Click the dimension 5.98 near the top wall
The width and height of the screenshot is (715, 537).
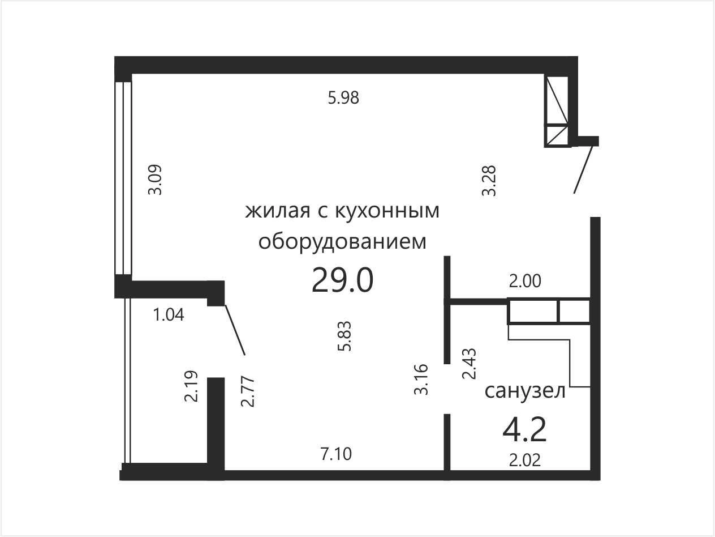pos(343,98)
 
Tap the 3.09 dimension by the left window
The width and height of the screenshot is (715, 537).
pos(155,180)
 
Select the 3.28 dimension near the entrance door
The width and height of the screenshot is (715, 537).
pos(489,181)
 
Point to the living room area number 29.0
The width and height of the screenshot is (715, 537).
pos(342,280)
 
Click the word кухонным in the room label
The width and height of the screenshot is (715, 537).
pos(387,211)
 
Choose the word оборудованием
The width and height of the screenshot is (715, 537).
pos(342,242)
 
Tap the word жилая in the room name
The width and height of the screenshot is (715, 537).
pos(278,211)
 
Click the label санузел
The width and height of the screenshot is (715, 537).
pos(525,391)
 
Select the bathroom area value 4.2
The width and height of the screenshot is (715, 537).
pos(524,431)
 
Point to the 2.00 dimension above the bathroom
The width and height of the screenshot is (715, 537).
pos(525,281)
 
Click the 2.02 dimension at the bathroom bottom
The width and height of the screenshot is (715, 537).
pos(525,460)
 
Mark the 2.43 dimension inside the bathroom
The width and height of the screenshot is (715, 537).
pos(470,364)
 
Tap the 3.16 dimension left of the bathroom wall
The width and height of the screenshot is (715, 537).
pos(421,380)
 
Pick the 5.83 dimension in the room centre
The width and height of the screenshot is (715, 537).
pos(344,336)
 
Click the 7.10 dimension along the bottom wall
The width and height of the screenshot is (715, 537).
pos(336,454)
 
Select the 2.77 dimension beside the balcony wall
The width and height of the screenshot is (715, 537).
pos(247,391)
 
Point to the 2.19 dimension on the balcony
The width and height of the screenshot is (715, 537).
pos(191,386)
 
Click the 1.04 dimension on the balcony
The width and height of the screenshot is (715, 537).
pos(169,315)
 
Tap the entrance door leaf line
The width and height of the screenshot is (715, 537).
pos(583,169)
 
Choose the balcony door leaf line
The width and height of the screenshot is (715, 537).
pos(235,330)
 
